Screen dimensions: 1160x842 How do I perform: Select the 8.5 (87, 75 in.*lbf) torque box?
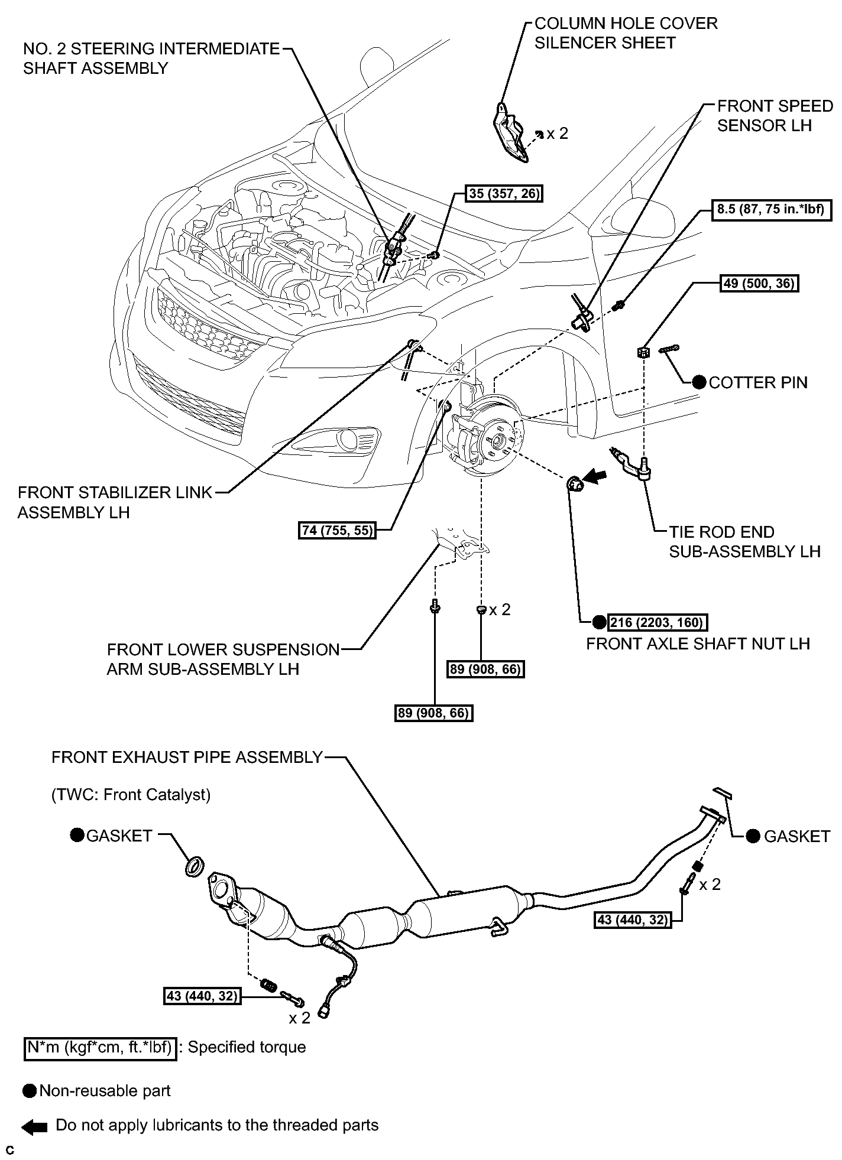point(770,210)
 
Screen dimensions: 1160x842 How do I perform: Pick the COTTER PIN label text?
point(757,382)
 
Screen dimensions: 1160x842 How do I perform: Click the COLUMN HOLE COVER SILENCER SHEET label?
point(626,33)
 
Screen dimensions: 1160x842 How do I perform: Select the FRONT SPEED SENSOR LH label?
point(775,116)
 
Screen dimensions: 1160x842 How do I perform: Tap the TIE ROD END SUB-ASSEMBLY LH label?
point(744,541)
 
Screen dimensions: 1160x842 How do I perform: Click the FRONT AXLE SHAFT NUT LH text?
point(698,644)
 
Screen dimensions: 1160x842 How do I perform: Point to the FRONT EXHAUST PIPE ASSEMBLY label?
point(187,757)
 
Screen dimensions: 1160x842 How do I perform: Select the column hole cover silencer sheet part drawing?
point(510,133)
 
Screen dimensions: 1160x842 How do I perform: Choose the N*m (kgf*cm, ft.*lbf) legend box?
point(100,1048)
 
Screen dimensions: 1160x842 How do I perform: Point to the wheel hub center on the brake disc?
point(496,440)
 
